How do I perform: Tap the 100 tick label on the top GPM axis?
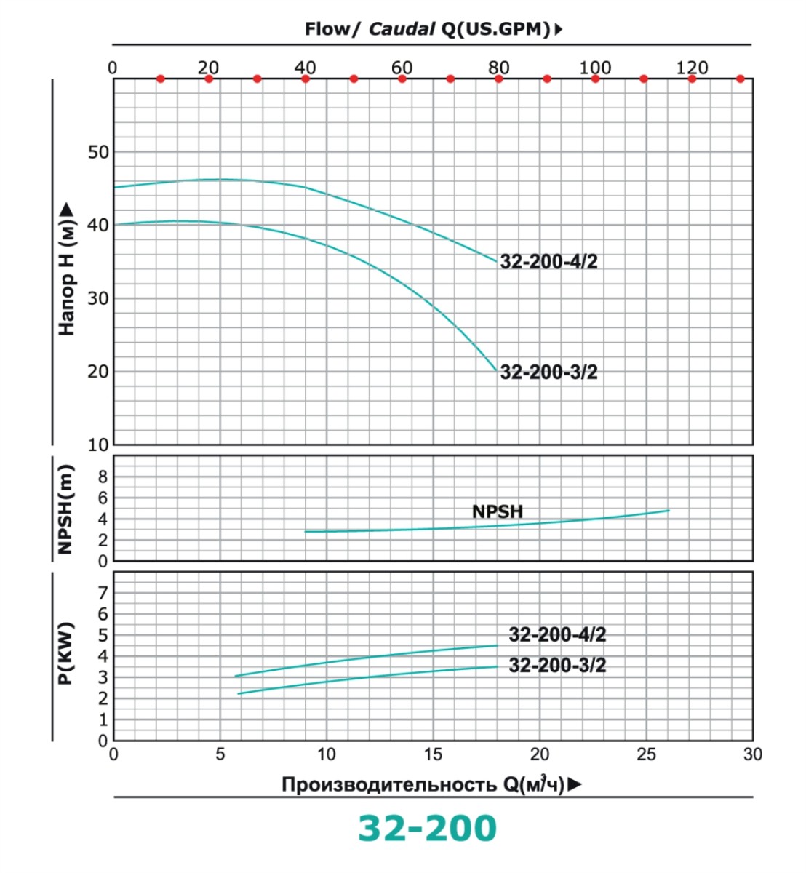(x=595, y=68)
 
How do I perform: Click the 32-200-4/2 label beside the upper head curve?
(x=548, y=262)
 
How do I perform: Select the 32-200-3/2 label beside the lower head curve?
(x=548, y=372)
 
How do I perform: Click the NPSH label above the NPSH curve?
(x=498, y=511)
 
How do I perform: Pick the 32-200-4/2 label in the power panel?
(x=557, y=635)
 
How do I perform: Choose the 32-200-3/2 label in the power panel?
(x=557, y=666)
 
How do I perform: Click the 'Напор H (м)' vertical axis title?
(x=67, y=269)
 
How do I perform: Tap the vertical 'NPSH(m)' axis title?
(x=66, y=509)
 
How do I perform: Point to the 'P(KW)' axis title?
(x=66, y=654)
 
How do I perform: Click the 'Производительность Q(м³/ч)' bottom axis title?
(x=423, y=784)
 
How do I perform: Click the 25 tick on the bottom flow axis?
(x=646, y=754)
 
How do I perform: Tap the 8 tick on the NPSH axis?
(x=103, y=477)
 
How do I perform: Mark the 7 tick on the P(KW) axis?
(x=103, y=593)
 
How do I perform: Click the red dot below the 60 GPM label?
(x=402, y=79)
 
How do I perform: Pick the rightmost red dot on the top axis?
(x=740, y=79)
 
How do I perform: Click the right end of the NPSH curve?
(x=668, y=511)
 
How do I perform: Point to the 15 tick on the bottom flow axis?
(x=433, y=754)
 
